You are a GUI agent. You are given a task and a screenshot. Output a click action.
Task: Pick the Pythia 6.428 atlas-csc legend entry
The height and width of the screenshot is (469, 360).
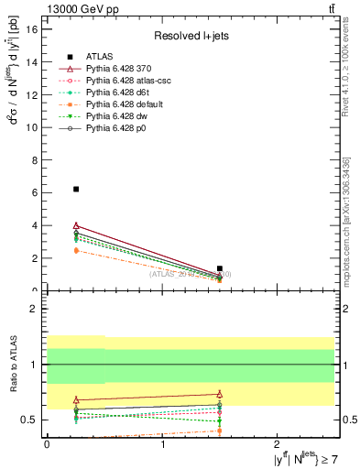tap(124, 81)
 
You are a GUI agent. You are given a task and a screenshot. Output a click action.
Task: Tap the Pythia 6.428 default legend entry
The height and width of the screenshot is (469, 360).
tap(122, 104)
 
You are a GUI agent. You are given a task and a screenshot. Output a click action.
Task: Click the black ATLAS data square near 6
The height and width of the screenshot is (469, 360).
tap(76, 189)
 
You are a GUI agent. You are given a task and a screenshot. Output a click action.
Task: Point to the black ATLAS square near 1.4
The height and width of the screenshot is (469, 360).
tap(220, 268)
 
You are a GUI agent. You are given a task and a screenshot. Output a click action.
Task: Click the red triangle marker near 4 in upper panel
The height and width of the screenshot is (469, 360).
tap(76, 225)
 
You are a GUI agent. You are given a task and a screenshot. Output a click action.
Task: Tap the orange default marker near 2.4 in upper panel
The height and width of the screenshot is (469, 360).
tap(76, 250)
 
